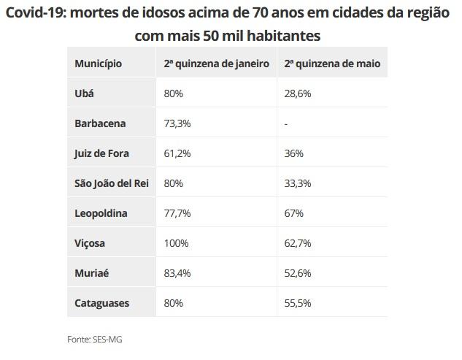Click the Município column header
pos(98,64)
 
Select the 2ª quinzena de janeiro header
pos(216,64)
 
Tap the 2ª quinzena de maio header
pos(332,64)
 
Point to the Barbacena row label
pos(100,124)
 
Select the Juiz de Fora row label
pos(102,154)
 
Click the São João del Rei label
pos(111,183)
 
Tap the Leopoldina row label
pos(101,213)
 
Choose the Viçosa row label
pos(91,243)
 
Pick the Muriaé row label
pos(92,273)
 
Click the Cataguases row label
pos(102,302)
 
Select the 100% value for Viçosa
pos(175,243)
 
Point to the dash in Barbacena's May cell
pos(286,124)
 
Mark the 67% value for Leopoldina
pos(293,213)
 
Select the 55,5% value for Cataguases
pos(298,302)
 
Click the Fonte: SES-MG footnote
pos(91,340)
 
